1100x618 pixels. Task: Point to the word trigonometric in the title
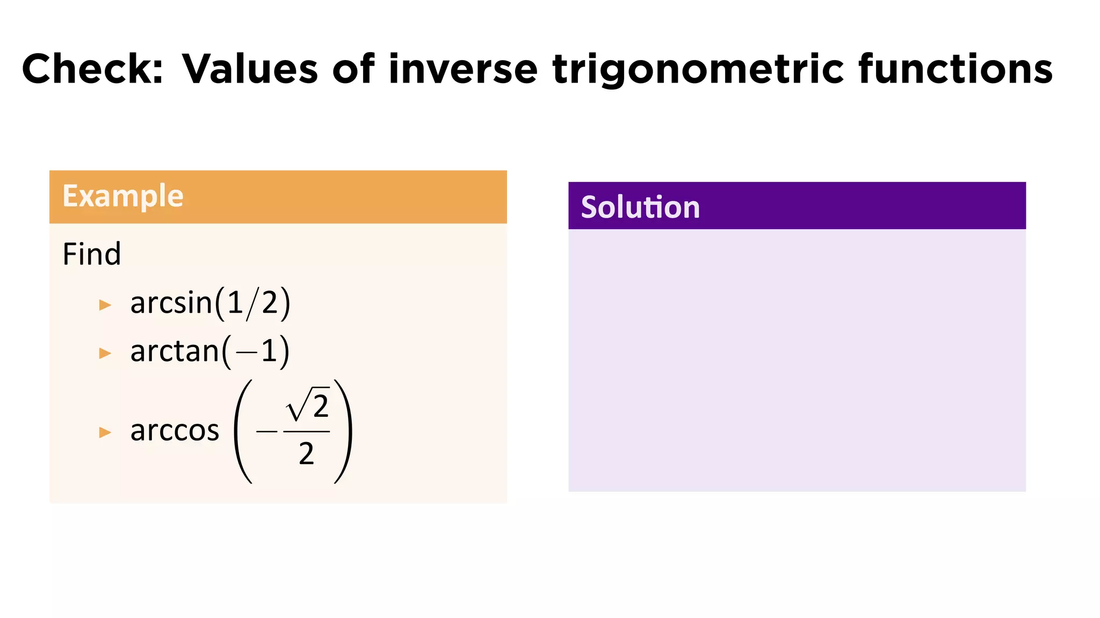tap(697, 70)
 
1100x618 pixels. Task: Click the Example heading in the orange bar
tap(123, 196)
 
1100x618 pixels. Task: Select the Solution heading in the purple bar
tap(640, 207)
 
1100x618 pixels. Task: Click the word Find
tap(92, 254)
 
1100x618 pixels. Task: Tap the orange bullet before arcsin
tap(105, 305)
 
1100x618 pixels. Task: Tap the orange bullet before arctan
tap(105, 353)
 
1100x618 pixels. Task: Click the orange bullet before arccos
tap(105, 432)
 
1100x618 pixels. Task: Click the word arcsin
tap(171, 303)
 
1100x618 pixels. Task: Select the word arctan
tap(175, 351)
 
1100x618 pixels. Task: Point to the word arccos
tap(175, 430)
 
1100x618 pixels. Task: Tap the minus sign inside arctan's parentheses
tap(247, 353)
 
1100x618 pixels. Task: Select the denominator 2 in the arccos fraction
tap(306, 454)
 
